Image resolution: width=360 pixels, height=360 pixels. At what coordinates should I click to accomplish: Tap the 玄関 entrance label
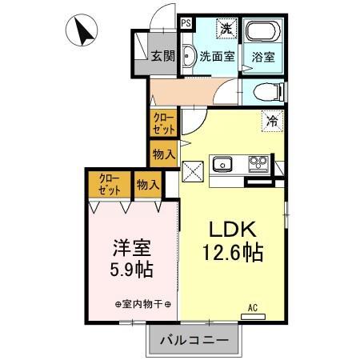(163, 55)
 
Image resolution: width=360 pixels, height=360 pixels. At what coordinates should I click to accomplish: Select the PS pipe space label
(185, 24)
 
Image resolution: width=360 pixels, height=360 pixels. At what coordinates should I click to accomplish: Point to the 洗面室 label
(217, 57)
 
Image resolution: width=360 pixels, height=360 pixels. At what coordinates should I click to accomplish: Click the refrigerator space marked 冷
(272, 122)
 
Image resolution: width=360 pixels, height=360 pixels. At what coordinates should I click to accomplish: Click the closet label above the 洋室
(110, 185)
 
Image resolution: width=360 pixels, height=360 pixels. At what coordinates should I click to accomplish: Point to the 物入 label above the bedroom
(147, 185)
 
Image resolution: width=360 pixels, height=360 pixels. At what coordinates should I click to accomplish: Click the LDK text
(232, 230)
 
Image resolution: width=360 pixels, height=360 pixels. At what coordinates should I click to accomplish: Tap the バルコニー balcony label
(194, 339)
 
